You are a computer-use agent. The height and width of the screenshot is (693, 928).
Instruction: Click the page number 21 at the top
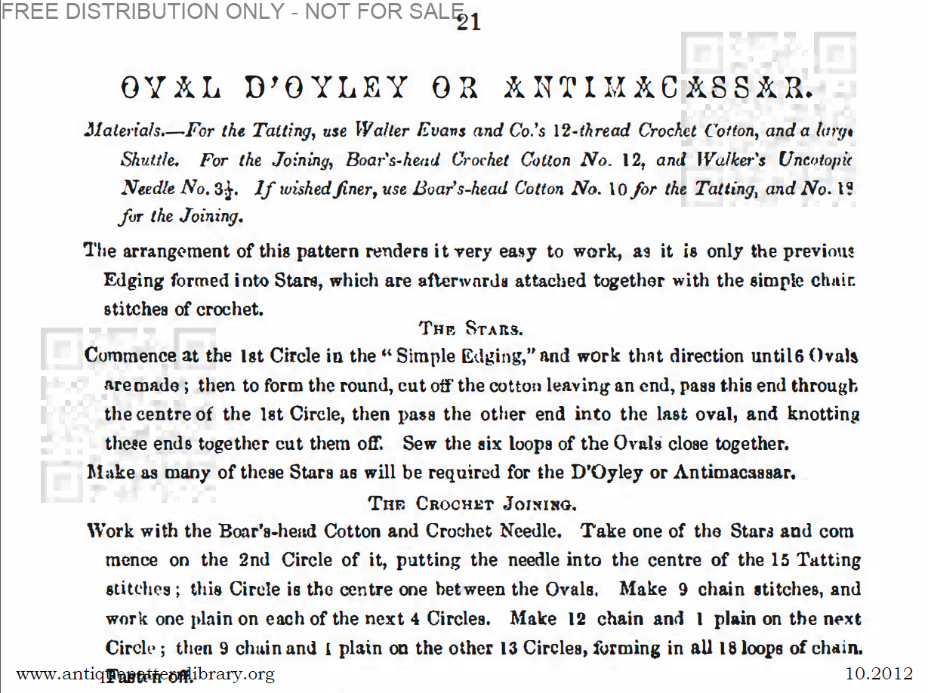tap(469, 23)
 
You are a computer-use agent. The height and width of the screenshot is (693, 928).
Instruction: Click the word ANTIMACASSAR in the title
tap(657, 90)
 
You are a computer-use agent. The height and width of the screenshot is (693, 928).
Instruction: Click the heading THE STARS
tap(471, 328)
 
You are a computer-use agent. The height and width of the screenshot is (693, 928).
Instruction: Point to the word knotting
tap(824, 414)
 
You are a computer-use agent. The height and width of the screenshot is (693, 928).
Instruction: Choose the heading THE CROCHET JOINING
tap(473, 502)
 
